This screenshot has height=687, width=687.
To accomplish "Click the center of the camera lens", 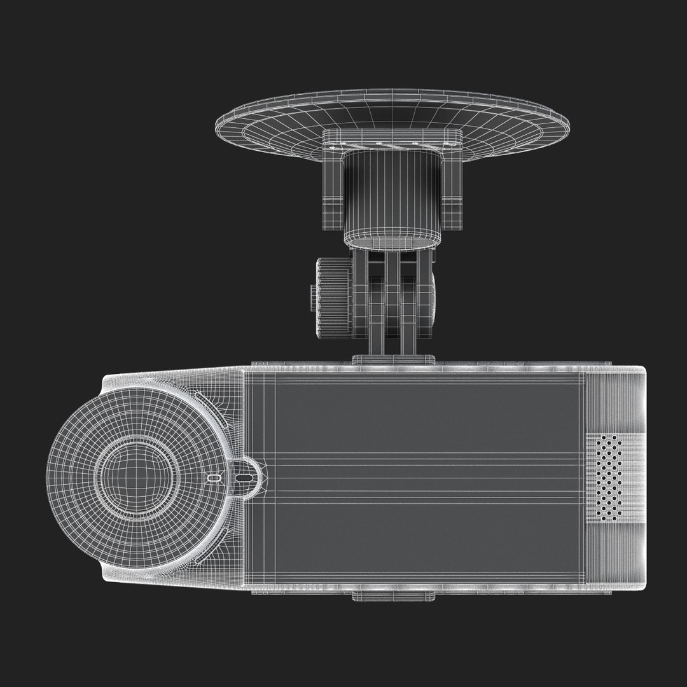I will tap(135, 476).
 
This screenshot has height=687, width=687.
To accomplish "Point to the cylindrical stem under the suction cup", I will tap(392, 191).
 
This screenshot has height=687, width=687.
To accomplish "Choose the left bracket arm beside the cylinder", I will tap(333, 184).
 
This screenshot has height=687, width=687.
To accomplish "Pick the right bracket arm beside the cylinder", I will tap(452, 184).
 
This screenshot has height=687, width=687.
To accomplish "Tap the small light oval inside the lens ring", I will tap(214, 476).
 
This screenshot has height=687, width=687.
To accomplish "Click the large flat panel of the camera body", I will tap(413, 477).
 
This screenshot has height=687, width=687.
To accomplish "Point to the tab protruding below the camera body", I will tap(394, 596).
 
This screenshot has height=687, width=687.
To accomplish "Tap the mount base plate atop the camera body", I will tap(394, 359).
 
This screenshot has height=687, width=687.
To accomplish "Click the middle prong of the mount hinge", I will tap(393, 302).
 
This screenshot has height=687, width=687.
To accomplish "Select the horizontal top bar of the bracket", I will tap(392, 137).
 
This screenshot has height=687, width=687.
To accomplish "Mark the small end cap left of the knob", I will tap(313, 298).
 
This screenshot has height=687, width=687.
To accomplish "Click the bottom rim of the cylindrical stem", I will tap(392, 240).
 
